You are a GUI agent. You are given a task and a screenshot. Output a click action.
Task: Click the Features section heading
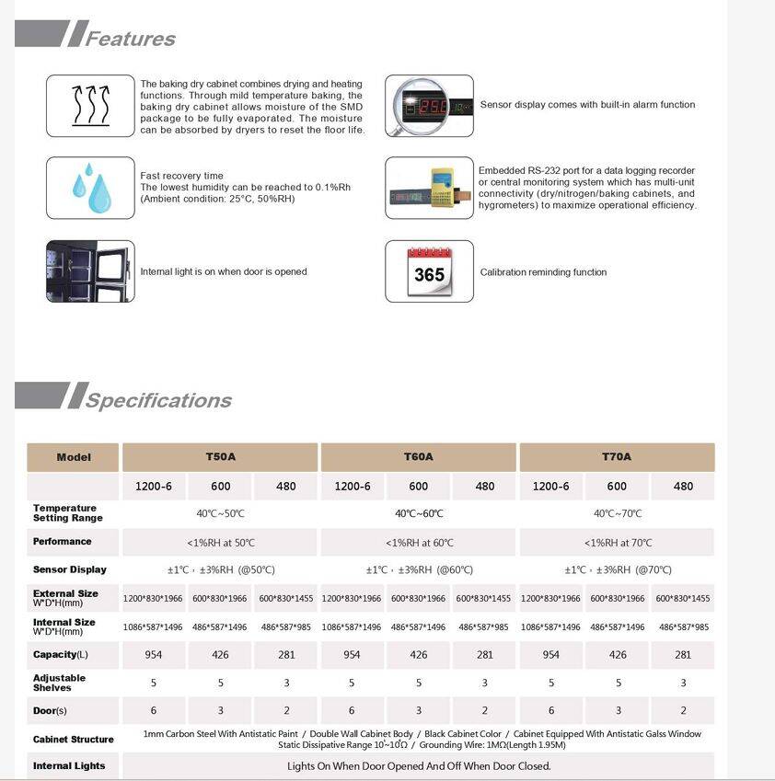pos(130,39)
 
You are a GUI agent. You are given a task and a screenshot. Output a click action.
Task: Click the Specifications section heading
pos(158,400)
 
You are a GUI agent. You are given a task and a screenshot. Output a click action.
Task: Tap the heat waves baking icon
pos(90,106)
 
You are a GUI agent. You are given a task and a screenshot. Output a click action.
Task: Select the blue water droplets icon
pos(90,188)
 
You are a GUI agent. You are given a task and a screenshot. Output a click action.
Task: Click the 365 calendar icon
pos(429,272)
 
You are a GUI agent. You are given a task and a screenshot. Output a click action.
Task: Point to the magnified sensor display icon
pos(429,106)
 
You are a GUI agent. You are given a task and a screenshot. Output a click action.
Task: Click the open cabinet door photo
pos(90,271)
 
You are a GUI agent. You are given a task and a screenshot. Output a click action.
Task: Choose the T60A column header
pos(418,457)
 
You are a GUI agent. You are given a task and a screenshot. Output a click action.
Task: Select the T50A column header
pos(220,457)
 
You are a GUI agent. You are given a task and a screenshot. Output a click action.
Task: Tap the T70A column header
pos(617,457)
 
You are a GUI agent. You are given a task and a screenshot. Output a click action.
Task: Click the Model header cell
pos(74,457)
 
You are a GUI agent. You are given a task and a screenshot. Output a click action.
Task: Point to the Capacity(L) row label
pos(61,655)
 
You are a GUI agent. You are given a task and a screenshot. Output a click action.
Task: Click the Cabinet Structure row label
pos(74,740)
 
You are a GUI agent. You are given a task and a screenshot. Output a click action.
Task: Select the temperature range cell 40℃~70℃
pos(617,514)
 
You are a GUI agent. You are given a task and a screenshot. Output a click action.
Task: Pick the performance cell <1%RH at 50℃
pos(221,543)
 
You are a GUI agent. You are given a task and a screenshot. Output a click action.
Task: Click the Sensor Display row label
pos(70,570)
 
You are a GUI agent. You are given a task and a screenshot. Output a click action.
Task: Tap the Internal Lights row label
pos(69,766)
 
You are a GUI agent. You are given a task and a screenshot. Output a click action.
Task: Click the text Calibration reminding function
pos(543,272)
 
